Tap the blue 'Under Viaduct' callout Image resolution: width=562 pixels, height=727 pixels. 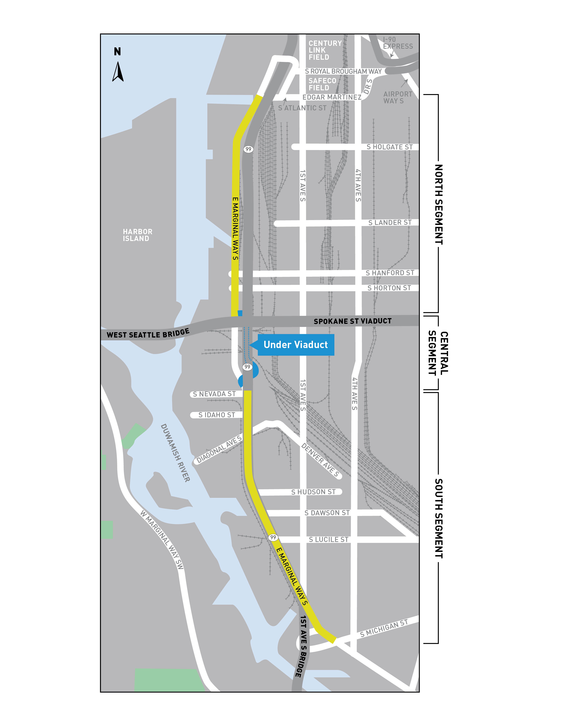tap(295, 345)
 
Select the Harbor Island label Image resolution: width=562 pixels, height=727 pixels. tap(138, 235)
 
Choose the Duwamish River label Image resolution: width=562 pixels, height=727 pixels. tap(175, 453)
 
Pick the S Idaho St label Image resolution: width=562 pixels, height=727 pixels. tap(216, 415)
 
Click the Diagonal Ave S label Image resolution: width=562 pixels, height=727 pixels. tap(219, 450)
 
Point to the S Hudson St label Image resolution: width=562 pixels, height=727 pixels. tap(313, 492)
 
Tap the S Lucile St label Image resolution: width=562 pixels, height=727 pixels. tap(329, 540)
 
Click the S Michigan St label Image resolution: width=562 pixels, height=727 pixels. tap(384, 629)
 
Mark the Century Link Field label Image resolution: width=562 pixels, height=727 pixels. tap(325, 50)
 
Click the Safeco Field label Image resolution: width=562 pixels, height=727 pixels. tap(322, 84)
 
